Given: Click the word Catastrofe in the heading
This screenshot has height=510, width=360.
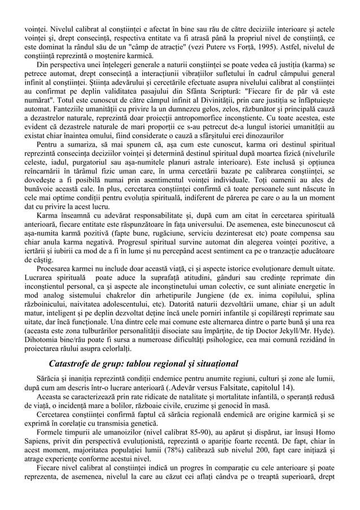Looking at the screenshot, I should pyautogui.click(x=74, y=362).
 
